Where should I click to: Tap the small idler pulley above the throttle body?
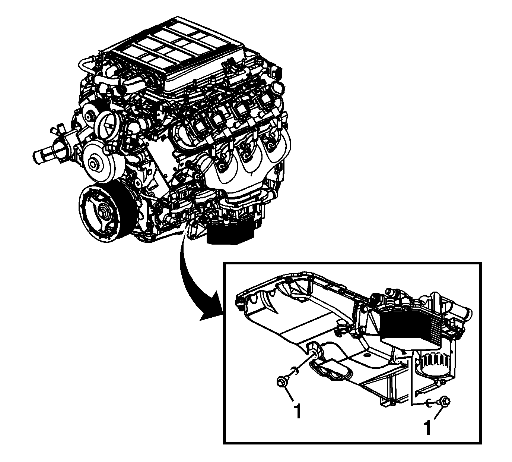pyautogui.click(x=88, y=117)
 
